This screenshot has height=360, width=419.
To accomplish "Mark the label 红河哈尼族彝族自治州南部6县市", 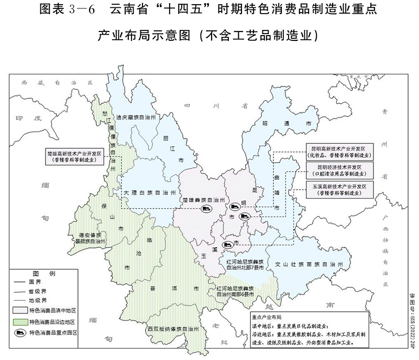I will [235, 292].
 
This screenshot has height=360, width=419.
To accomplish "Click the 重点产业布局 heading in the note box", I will [267, 317].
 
